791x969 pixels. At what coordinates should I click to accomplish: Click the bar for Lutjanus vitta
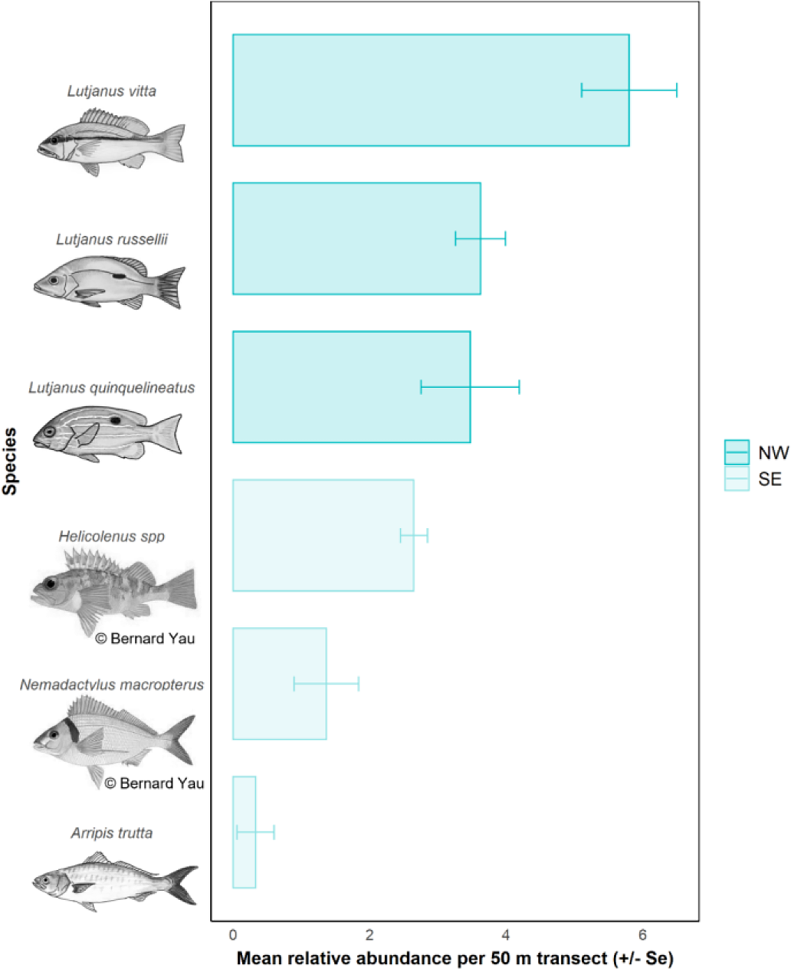431,90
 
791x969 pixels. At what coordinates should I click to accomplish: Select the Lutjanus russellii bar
356,239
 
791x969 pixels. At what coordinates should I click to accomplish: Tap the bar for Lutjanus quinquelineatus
351,387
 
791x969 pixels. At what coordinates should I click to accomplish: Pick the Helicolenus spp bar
323,535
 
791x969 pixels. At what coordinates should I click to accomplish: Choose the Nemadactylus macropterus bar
279,683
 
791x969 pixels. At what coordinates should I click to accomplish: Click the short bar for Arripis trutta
244,832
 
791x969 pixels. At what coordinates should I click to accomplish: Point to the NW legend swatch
736,452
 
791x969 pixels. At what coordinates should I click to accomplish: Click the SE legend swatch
736,478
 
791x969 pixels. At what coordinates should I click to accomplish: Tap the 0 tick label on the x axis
233,935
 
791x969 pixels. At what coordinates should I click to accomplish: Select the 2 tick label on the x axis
369,935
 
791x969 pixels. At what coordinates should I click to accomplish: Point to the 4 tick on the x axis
506,935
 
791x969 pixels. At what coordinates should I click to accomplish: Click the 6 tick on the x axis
642,935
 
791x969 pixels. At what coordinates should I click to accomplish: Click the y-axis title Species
10,461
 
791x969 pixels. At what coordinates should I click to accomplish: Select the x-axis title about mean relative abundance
455,958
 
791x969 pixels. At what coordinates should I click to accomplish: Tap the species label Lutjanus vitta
112,91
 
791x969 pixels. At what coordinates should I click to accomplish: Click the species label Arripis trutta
112,833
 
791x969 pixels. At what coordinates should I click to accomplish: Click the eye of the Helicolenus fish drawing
50,583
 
